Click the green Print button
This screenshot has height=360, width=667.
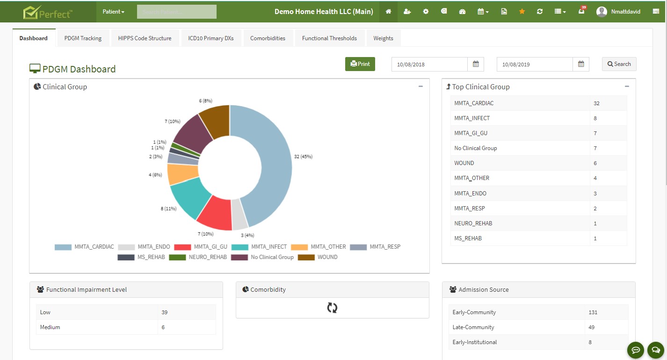(360, 64)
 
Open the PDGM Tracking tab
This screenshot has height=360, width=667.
(83, 38)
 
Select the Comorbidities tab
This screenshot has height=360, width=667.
(268, 38)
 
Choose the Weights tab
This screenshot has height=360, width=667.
(383, 38)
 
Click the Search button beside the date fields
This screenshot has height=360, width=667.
(619, 64)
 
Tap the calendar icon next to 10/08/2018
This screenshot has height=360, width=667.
(476, 64)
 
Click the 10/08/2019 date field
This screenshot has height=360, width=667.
(535, 65)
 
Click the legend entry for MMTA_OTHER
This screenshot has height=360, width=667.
(319, 247)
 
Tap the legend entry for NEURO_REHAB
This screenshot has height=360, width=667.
(198, 257)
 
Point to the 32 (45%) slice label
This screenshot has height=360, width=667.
(303, 157)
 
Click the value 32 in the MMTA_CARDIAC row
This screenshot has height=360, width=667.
(596, 103)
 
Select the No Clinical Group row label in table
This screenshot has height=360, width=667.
(476, 148)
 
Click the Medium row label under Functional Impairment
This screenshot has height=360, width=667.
(50, 327)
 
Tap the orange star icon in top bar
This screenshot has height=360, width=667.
(522, 12)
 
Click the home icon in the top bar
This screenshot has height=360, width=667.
(388, 12)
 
